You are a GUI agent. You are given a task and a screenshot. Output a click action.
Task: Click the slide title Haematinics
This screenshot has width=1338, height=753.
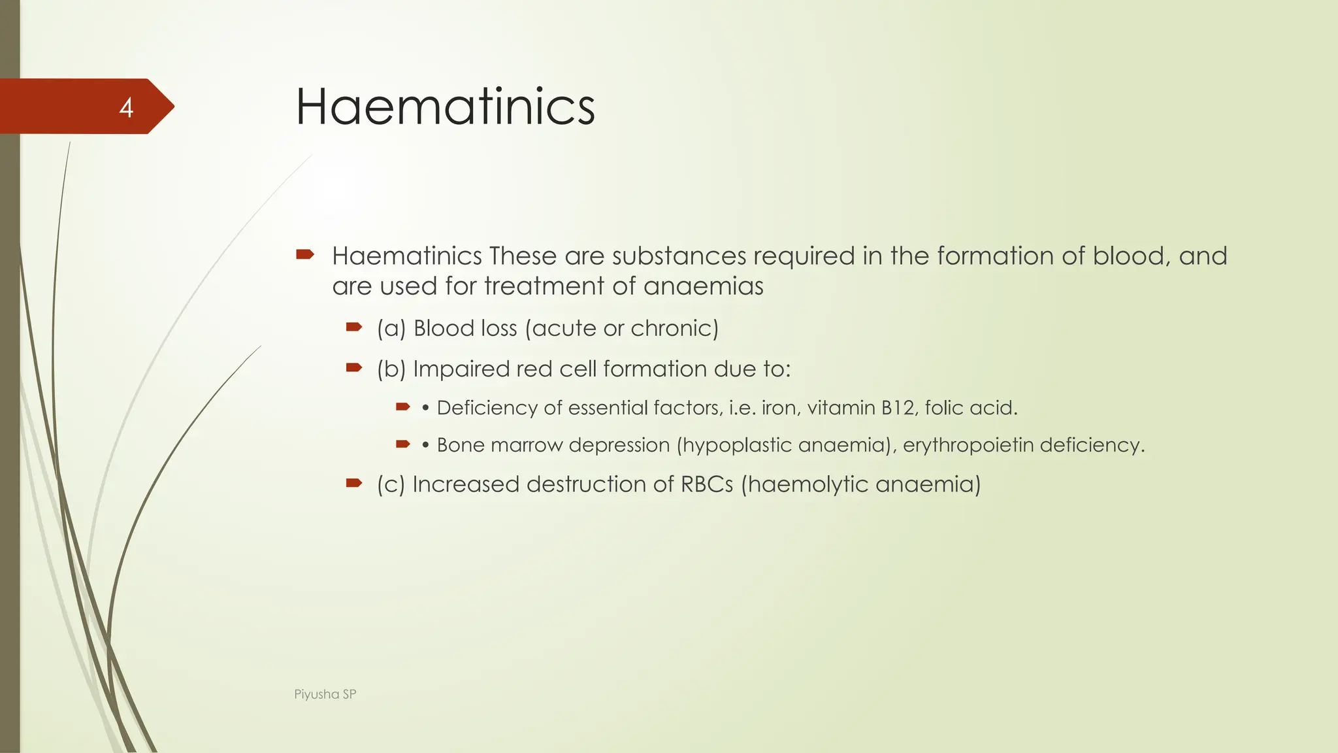pyautogui.click(x=445, y=107)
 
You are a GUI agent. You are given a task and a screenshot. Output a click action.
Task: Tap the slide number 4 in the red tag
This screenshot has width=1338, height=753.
pyautogui.click(x=126, y=108)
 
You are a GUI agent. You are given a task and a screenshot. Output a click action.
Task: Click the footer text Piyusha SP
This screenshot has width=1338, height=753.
pyautogui.click(x=325, y=694)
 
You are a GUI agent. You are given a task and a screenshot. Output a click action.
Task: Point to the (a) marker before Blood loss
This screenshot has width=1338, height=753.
pyautogui.click(x=391, y=328)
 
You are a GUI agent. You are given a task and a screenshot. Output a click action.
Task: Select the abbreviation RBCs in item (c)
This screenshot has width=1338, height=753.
pyautogui.click(x=707, y=484)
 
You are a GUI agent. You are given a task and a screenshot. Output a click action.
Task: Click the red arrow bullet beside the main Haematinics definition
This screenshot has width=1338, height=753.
pyautogui.click(x=305, y=254)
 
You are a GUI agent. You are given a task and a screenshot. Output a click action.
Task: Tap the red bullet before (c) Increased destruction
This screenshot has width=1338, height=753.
pyautogui.click(x=354, y=483)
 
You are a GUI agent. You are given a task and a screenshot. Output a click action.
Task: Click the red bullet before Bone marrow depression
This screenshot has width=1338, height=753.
pyautogui.click(x=403, y=444)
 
